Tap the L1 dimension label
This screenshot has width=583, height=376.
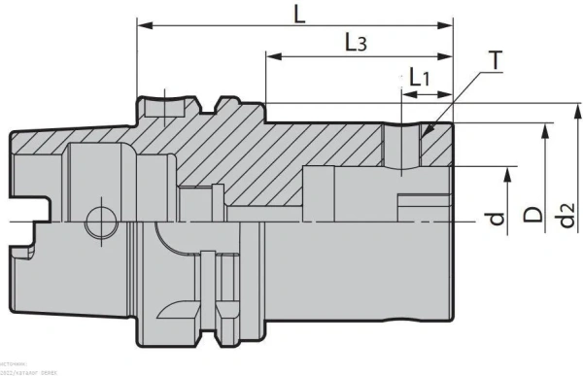coord(421,77)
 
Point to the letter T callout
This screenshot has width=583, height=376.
coord(496,60)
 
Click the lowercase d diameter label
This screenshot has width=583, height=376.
coord(497,220)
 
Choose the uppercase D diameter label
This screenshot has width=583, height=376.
coord(532,215)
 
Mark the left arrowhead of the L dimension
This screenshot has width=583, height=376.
coord(142,23)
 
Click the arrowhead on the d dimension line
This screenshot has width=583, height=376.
coord(507,172)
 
